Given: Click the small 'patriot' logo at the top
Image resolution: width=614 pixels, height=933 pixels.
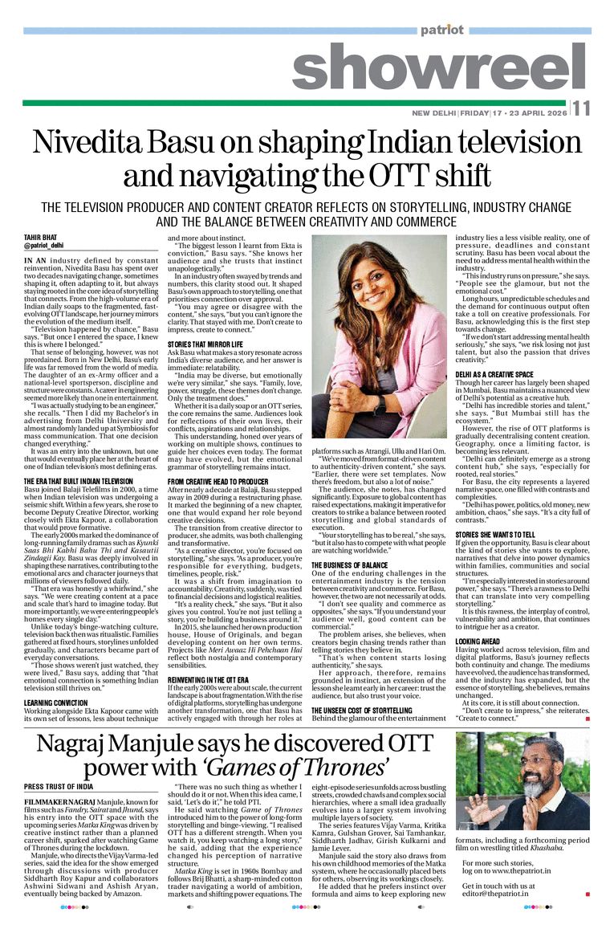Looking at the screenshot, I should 441,31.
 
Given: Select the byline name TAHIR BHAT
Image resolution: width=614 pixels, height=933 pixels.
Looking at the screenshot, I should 41,237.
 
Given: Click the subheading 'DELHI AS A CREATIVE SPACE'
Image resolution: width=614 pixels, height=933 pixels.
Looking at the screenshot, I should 494,375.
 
